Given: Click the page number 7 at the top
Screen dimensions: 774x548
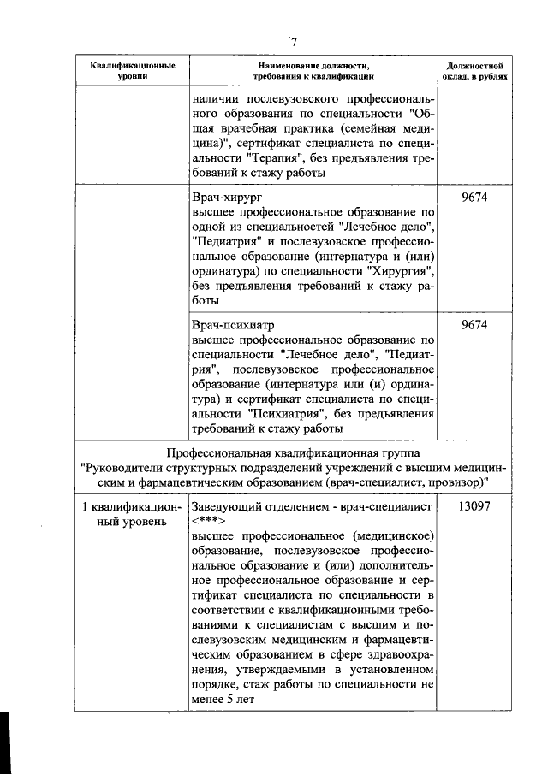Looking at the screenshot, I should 293,42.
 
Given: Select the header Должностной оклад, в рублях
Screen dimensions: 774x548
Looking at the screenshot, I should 474,70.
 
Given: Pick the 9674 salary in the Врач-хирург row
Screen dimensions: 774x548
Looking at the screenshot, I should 474,198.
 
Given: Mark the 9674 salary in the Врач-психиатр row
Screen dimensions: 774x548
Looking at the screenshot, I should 474,326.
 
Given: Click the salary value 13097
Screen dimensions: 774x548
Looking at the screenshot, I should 474,506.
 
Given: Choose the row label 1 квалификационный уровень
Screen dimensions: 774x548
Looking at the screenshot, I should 128,514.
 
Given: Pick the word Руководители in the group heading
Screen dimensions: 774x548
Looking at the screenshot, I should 123,467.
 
